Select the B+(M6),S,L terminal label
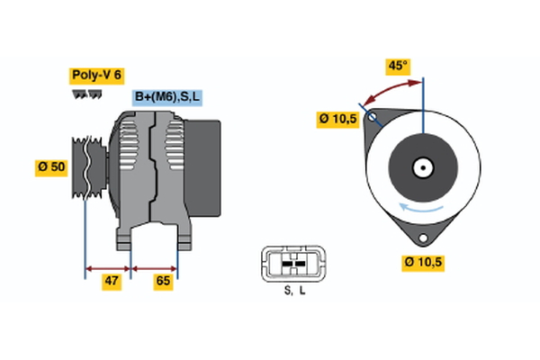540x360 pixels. [167, 97]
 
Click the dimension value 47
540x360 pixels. [110, 282]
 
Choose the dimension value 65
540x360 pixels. [164, 282]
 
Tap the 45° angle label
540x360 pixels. [397, 66]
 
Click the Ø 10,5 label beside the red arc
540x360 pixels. [337, 117]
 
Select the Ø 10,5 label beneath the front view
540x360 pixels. [422, 262]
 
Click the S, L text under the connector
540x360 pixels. [294, 291]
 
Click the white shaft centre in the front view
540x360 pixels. [421, 167]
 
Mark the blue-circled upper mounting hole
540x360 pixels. [372, 117]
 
